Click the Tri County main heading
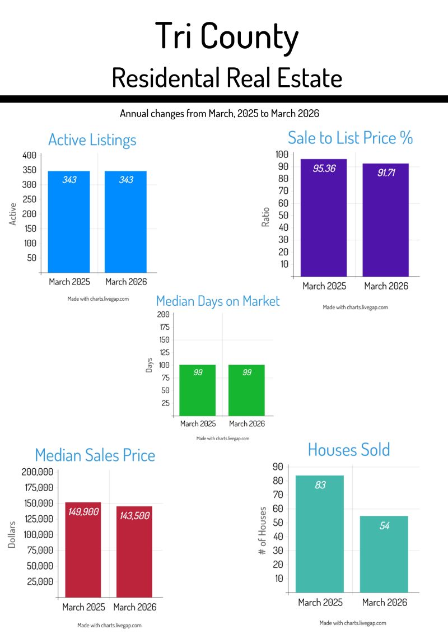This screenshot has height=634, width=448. point(227,37)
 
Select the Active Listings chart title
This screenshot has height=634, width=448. point(92,139)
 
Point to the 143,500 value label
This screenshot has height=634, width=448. point(134,516)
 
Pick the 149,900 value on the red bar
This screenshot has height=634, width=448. point(83,511)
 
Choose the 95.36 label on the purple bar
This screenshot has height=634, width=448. point(324,168)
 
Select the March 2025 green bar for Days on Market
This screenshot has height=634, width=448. point(198,390)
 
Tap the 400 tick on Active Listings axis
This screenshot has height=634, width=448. point(30,155)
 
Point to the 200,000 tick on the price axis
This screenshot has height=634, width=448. point(37,472)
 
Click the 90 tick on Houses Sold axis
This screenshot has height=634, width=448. point(277,467)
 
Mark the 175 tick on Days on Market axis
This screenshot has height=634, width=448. point(164,327)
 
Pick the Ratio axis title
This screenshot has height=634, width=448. point(266,217)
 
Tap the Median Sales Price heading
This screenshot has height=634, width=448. point(95,455)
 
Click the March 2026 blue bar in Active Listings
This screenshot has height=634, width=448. point(125,221)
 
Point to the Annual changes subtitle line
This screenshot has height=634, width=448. point(220,114)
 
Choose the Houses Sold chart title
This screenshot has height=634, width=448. point(348,449)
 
